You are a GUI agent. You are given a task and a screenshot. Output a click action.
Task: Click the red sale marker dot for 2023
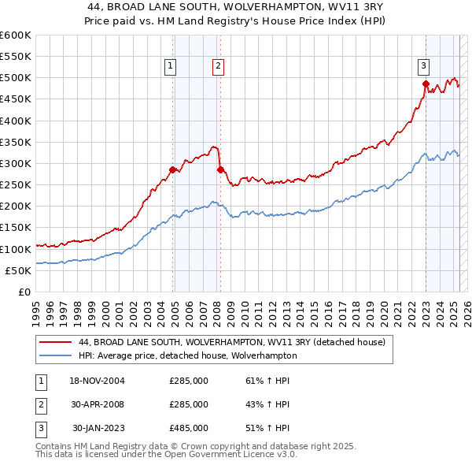click(x=426, y=84)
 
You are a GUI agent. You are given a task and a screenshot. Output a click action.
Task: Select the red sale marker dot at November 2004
click(x=172, y=169)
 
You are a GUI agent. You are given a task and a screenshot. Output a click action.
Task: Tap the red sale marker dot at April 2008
click(x=220, y=169)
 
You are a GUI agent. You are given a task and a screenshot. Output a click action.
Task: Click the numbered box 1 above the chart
click(x=170, y=66)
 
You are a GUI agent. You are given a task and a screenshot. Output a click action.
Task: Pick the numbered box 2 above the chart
click(x=217, y=66)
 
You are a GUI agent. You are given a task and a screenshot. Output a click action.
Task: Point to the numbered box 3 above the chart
click(x=423, y=66)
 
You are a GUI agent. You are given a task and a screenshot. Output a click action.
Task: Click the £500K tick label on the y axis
click(x=16, y=78)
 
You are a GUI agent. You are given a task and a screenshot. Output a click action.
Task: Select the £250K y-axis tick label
click(x=16, y=185)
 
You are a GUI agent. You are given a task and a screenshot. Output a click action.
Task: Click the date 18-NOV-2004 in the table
click(x=97, y=381)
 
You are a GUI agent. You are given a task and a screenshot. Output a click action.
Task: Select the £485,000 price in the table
click(x=189, y=428)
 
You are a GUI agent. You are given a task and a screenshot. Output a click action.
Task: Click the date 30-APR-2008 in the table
click(x=97, y=404)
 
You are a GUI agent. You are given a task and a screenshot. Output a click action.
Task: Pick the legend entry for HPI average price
click(x=187, y=355)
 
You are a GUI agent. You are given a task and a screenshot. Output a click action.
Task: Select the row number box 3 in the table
click(x=39, y=428)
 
